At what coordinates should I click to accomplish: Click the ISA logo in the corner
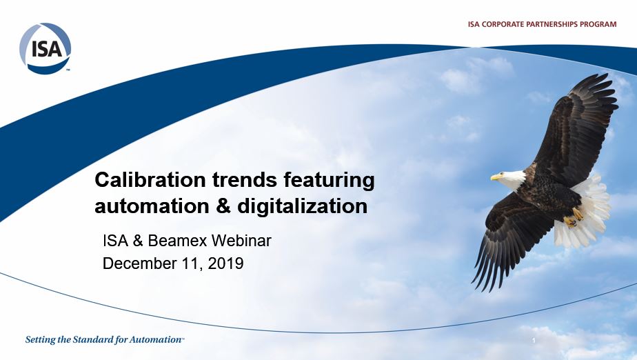[45, 48]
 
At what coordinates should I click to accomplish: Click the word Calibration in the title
[150, 179]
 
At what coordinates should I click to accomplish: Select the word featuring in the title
[329, 181]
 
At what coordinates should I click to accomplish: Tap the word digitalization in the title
[302, 206]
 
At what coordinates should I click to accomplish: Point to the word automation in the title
[152, 206]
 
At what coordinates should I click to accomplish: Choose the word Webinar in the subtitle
[241, 241]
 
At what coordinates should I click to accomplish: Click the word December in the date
[139, 263]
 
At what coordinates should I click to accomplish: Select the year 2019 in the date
[225, 263]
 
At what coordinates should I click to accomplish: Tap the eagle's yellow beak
[495, 177]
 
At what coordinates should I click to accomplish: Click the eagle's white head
[511, 179]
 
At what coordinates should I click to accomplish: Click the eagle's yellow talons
[574, 217]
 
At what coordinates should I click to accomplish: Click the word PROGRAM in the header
[598, 24]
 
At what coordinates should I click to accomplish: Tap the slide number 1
[534, 341]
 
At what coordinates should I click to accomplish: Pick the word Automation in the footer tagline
[155, 340]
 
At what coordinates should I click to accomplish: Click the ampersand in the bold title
[223, 206]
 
